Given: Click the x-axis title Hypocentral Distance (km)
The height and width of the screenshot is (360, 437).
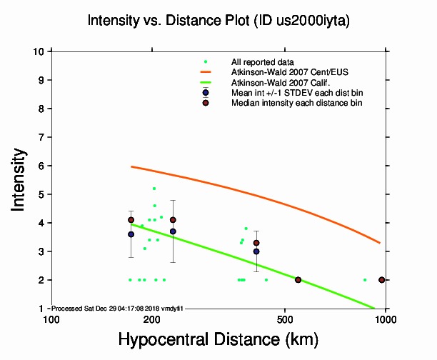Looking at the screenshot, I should [x=218, y=338].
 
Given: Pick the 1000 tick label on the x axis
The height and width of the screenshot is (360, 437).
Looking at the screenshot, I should [x=386, y=318].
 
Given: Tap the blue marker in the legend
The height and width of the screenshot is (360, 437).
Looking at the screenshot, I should [x=206, y=93].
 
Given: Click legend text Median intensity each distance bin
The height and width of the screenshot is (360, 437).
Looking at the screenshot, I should [x=296, y=103].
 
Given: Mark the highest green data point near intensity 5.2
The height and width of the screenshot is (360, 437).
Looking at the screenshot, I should [x=154, y=189].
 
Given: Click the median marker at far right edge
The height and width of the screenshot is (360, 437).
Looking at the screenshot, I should [x=382, y=280].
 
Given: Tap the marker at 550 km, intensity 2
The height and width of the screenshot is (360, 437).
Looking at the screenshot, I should [x=298, y=280].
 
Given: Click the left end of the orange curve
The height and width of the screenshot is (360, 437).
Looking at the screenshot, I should [x=131, y=166].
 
